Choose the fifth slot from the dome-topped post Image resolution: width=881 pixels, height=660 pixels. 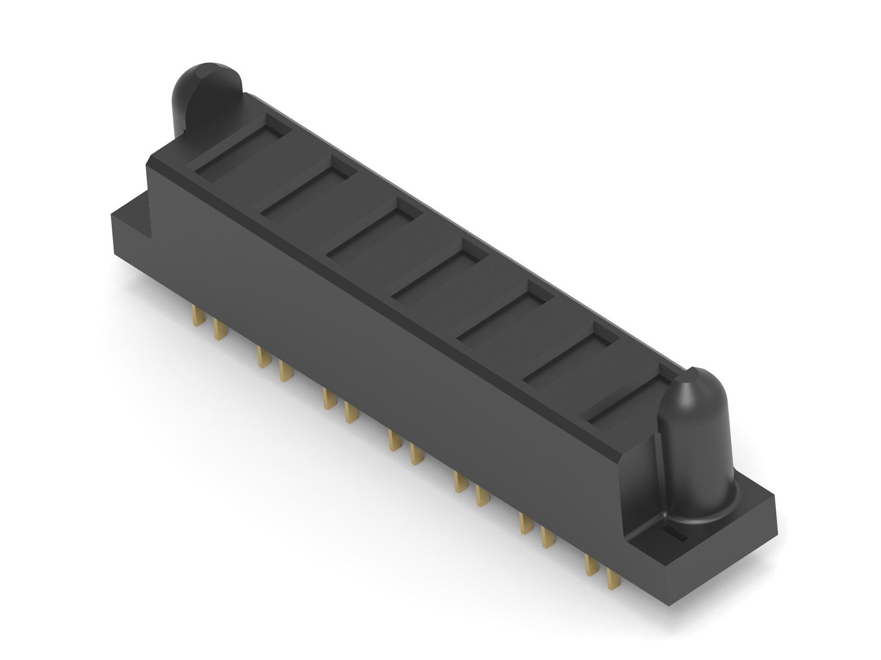pyautogui.click(x=504, y=311)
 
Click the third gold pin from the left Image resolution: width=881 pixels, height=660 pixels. pyautogui.click(x=262, y=358)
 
